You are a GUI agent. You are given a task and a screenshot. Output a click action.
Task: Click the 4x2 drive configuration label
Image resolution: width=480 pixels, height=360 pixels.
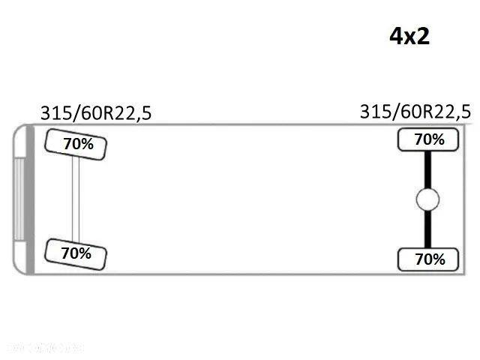[409, 36]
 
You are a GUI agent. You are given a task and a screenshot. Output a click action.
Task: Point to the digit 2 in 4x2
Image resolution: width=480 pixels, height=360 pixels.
[423, 36]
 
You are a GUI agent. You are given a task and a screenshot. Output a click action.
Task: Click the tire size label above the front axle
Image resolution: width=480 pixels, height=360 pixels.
[95, 113]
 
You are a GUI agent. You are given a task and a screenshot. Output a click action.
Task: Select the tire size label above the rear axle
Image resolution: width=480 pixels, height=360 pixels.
[415, 112]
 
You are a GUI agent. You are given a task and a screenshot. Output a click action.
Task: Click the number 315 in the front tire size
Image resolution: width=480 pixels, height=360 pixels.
[56, 113]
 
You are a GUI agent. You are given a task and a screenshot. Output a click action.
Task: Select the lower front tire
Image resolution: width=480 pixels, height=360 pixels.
[76, 253]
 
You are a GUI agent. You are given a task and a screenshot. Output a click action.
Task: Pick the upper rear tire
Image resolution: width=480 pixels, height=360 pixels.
[429, 139]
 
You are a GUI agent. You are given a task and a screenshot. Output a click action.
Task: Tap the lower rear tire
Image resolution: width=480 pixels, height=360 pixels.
[429, 259]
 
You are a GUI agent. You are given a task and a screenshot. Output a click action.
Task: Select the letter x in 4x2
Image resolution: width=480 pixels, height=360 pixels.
[410, 37]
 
